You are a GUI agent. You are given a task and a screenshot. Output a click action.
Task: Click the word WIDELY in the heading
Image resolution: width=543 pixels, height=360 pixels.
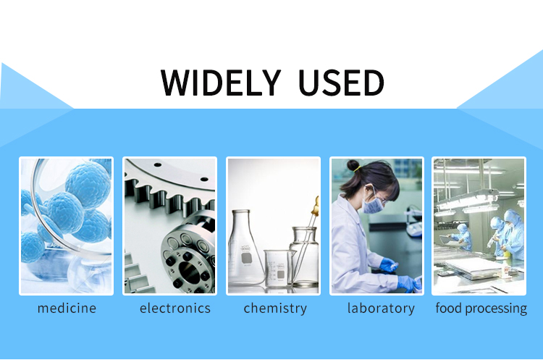coord(221,83)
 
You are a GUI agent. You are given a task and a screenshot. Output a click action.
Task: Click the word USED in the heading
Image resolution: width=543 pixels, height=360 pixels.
coord(341,83)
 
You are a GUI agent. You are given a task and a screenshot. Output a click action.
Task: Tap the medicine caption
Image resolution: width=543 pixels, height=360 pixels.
coord(67,308)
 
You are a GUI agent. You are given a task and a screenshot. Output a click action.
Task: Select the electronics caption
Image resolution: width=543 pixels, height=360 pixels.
coord(175,308)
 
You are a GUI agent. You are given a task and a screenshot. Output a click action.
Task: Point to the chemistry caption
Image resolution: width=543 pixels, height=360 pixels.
coord(275,309)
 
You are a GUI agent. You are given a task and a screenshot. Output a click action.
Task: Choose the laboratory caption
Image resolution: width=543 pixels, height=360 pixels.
coord(381,309)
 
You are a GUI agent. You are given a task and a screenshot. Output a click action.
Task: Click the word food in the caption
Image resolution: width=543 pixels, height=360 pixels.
coord(449,308)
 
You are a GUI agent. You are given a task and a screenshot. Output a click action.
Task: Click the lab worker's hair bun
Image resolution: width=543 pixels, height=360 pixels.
coord(353,165)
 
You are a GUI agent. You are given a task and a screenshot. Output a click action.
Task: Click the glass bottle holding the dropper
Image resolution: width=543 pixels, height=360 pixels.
coord(304,256)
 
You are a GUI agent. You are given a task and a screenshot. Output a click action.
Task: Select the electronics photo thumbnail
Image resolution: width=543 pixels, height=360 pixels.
coord(169,226)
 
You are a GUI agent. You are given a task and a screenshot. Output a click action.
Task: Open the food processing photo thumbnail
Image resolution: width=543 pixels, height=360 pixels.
coord(479,226)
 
